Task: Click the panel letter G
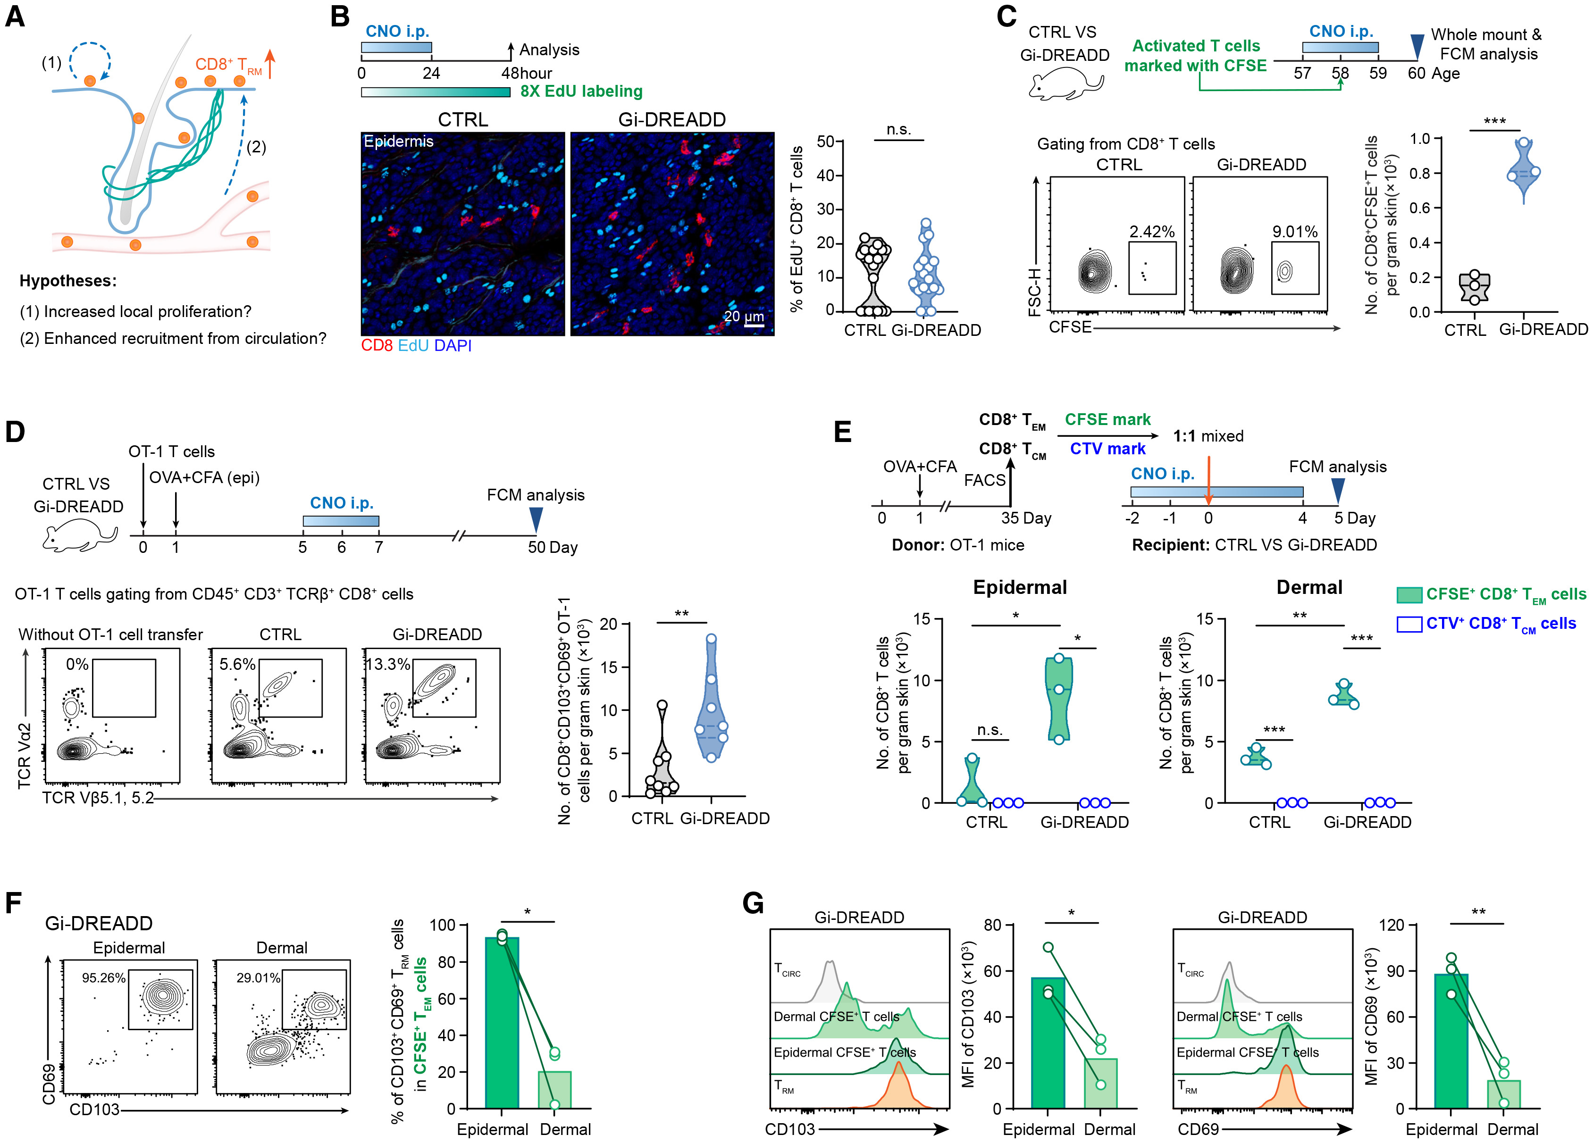coord(753,903)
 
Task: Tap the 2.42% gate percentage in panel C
coord(1152,232)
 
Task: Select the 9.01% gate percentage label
coord(1294,232)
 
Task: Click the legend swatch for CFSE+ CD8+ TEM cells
coord(1409,595)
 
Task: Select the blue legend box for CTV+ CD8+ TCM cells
coord(1409,624)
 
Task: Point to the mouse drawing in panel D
coord(79,537)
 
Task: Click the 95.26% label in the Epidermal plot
coord(103,978)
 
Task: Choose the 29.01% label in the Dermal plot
coord(258,978)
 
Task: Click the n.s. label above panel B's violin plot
coord(898,130)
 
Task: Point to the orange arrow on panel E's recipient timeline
coord(1208,480)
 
